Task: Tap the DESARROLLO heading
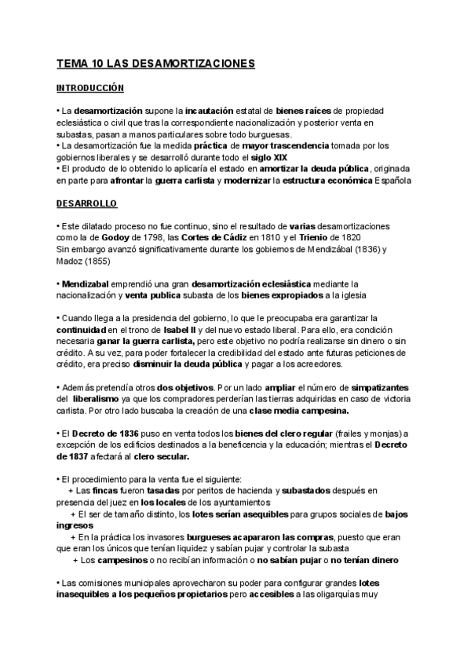(86, 204)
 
